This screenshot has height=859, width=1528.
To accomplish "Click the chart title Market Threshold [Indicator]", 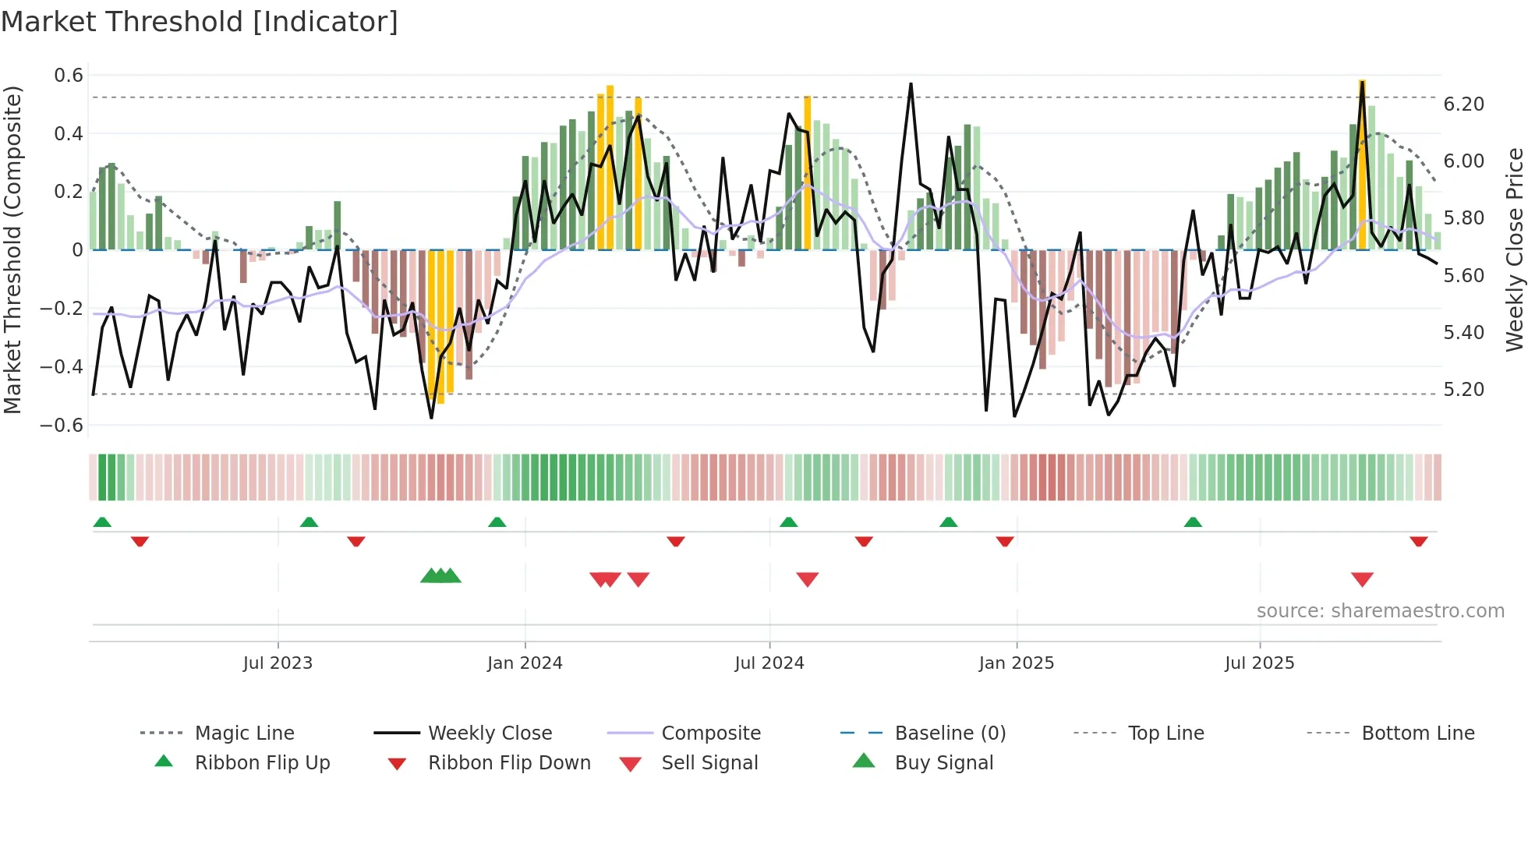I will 200,22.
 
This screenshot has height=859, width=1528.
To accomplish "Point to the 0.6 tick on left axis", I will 69,76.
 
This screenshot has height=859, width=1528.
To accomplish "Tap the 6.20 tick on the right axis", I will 1463,104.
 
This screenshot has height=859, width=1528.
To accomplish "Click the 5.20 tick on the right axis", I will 1463,390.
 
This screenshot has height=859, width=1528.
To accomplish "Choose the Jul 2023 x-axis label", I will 278,663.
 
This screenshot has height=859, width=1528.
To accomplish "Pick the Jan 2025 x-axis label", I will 1016,663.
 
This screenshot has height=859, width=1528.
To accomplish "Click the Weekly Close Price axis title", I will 1514,249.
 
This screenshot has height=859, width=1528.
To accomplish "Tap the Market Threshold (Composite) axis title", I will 12,249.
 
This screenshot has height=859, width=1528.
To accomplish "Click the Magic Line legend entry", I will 244,734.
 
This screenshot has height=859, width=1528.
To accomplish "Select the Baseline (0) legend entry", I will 950,734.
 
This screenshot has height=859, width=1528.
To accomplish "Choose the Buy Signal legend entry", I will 943,763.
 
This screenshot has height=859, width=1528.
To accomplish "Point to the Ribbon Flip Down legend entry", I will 509,763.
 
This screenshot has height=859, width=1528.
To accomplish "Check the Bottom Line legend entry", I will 1417,734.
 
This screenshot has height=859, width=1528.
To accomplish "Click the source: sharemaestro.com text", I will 1380,611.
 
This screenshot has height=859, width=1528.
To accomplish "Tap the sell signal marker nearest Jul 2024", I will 808,578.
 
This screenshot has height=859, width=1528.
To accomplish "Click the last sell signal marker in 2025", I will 1362,578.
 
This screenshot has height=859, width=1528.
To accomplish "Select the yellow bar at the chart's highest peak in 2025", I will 1362,164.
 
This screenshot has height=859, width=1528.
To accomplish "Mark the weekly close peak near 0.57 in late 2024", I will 911,84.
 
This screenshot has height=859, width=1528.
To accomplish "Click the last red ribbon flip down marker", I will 1418,541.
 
